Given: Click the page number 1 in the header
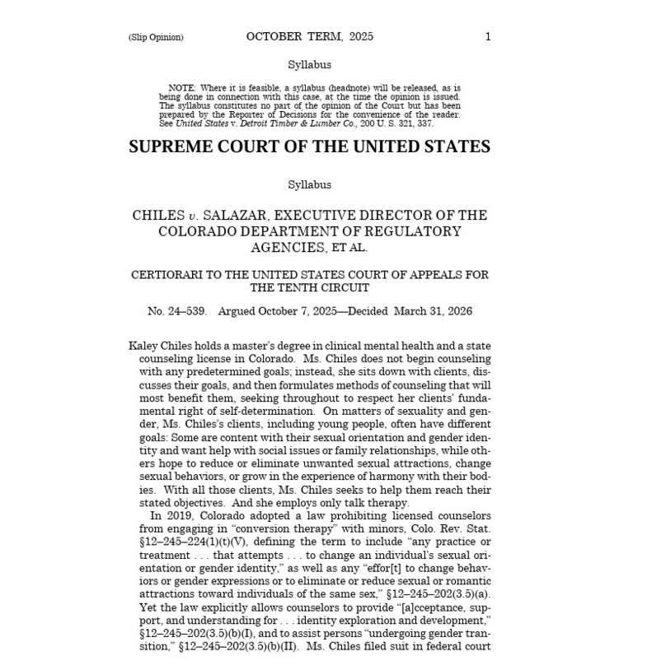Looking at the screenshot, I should pos(488,36).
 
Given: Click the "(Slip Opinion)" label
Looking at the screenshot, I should pos(156,37).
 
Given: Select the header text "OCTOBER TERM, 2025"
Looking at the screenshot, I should pos(309,36).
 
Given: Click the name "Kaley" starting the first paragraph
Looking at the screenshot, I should pos(145,347).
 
